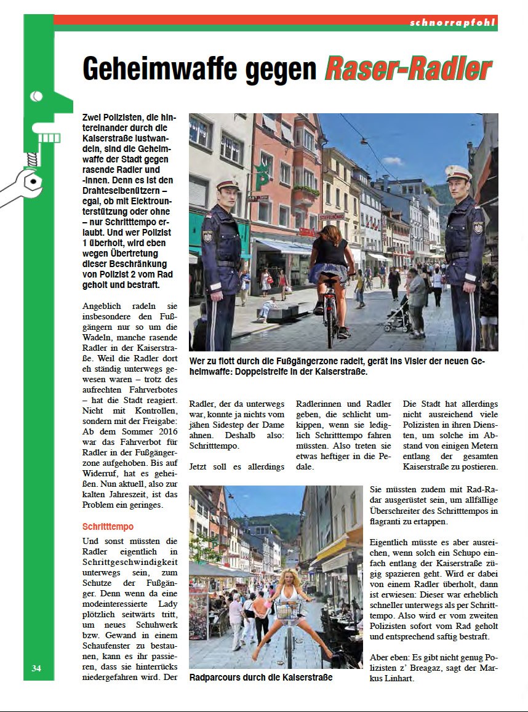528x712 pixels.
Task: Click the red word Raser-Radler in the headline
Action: [x=408, y=68]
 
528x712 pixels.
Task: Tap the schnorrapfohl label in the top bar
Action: [x=452, y=23]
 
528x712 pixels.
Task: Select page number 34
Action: [x=36, y=668]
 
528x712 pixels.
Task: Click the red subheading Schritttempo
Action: [x=108, y=527]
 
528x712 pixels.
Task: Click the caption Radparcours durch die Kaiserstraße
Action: [x=261, y=678]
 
